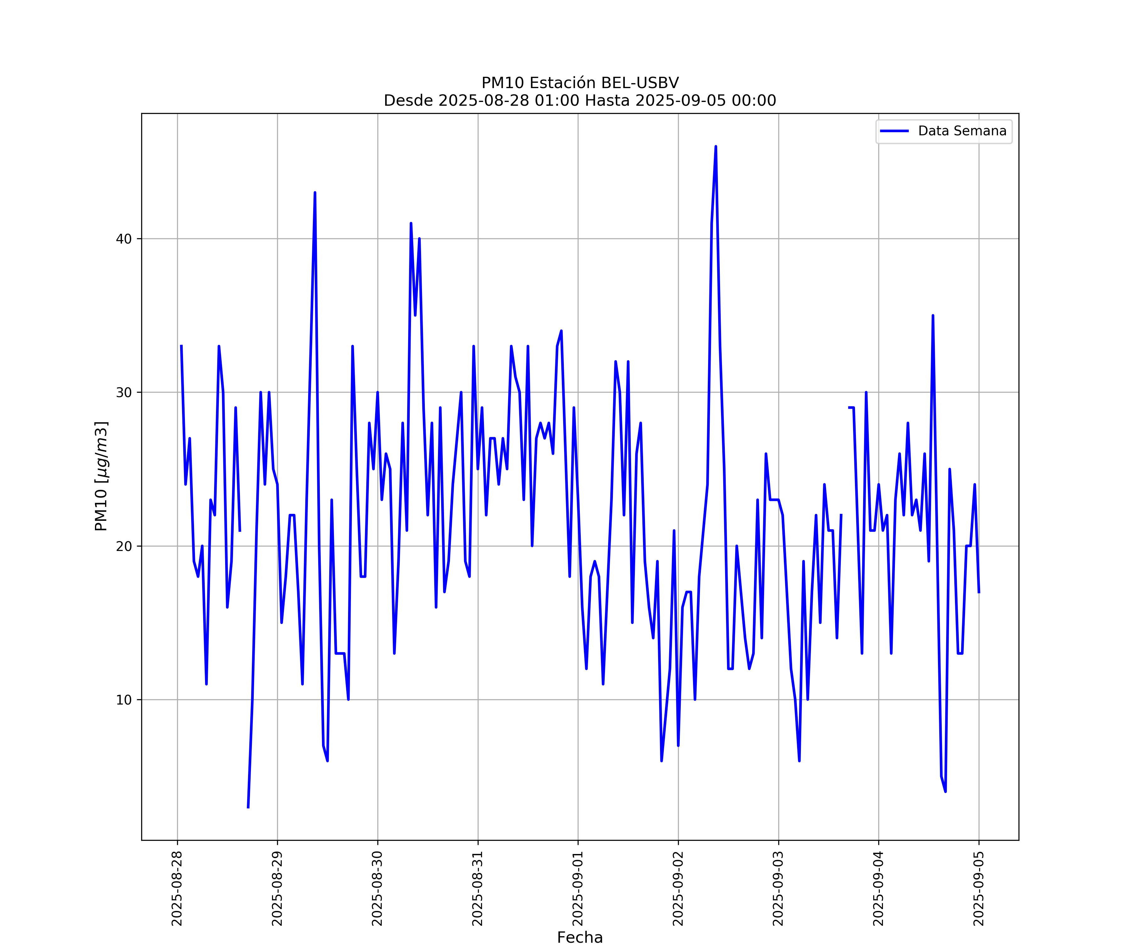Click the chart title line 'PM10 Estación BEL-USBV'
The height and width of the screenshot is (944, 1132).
pos(580,83)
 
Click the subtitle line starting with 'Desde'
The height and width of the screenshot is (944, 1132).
pos(580,100)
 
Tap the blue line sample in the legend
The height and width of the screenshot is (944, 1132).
pos(894,131)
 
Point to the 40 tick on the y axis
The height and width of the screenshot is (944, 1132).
pos(124,239)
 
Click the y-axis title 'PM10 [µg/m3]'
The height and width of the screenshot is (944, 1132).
pos(101,476)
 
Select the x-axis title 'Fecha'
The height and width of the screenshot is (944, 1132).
pos(580,937)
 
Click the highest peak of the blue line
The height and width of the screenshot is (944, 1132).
pos(716,147)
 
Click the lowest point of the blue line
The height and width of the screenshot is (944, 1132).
pos(248,807)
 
